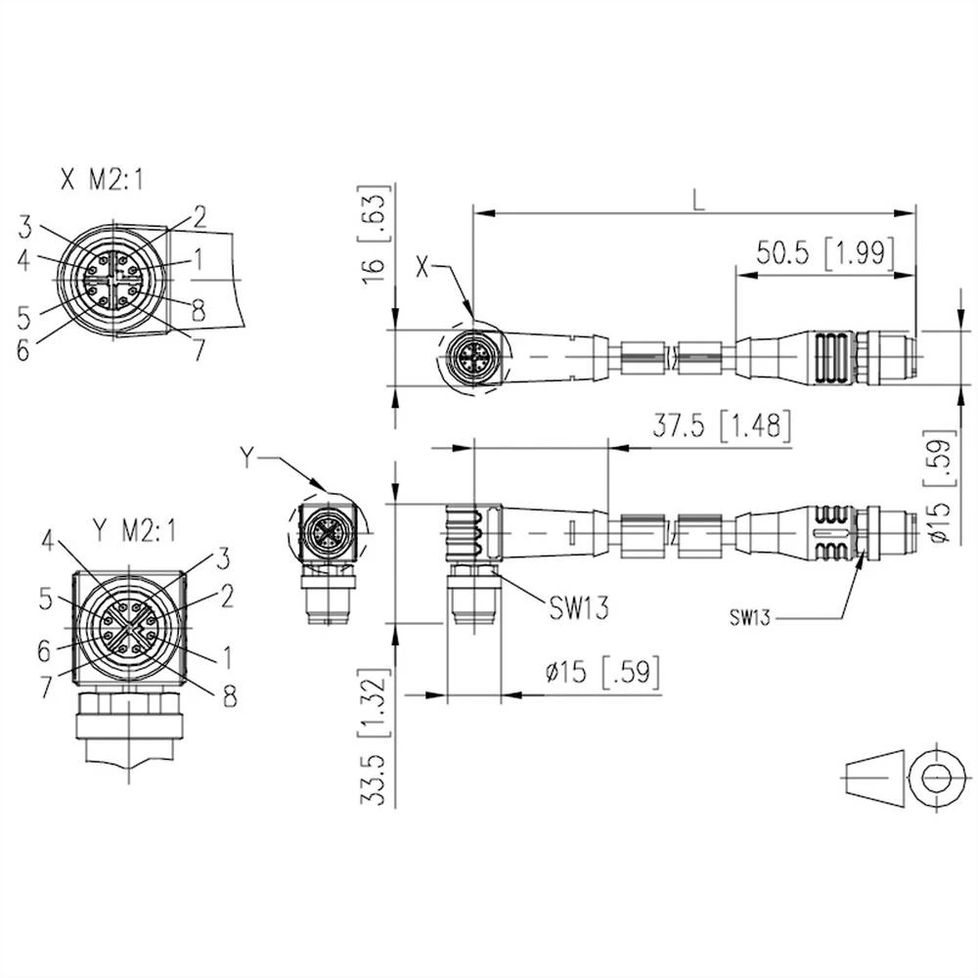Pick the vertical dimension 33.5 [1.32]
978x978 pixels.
click(x=373, y=737)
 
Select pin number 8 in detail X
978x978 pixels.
click(x=198, y=312)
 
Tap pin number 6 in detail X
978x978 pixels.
click(x=22, y=350)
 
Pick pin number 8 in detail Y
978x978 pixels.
click(x=230, y=695)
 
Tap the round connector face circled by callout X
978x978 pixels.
click(x=473, y=358)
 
